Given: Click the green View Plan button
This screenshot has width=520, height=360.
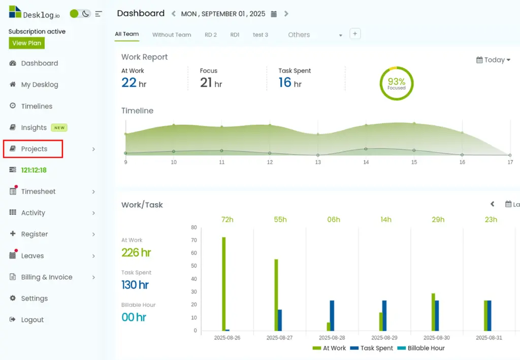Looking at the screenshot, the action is click(26, 43).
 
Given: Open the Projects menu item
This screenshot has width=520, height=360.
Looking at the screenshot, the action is click(34, 149).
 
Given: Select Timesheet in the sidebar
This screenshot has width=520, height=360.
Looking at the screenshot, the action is click(38, 191).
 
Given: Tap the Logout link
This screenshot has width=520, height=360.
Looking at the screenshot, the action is click(32, 319).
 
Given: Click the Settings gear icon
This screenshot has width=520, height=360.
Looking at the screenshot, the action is click(13, 298).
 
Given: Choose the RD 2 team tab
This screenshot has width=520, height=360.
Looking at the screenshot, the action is click(211, 35).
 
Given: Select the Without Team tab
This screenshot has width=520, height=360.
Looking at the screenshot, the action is click(172, 35).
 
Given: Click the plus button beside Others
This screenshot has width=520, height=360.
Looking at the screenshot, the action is click(355, 34).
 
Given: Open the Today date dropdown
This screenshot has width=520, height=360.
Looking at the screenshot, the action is click(493, 60).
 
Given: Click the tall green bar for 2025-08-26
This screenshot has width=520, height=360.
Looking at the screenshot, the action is click(224, 284).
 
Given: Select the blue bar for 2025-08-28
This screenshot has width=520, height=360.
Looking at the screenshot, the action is click(332, 316).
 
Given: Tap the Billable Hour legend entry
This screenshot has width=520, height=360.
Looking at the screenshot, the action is click(421, 348).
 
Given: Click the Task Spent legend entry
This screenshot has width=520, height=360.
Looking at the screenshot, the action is click(371, 348).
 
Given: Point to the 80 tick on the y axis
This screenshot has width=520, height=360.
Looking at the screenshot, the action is click(194, 227).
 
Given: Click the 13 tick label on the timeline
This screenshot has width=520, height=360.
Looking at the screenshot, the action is click(318, 162).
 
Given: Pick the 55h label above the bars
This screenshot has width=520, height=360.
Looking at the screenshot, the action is click(280, 219).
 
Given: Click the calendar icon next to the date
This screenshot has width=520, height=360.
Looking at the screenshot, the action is click(274, 14).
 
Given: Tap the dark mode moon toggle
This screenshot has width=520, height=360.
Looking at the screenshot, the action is click(85, 14).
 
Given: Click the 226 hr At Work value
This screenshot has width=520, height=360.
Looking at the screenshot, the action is click(136, 252).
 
